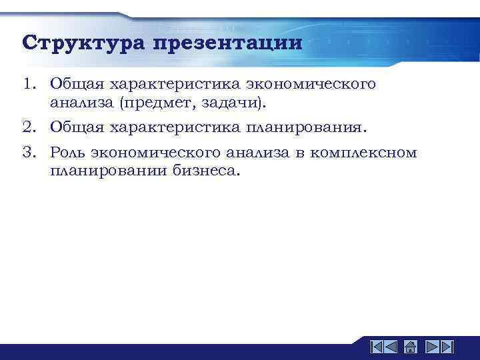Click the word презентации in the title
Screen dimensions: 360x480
tap(227, 44)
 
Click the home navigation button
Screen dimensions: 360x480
tap(411, 347)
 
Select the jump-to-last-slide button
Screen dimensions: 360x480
tap(447, 347)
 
